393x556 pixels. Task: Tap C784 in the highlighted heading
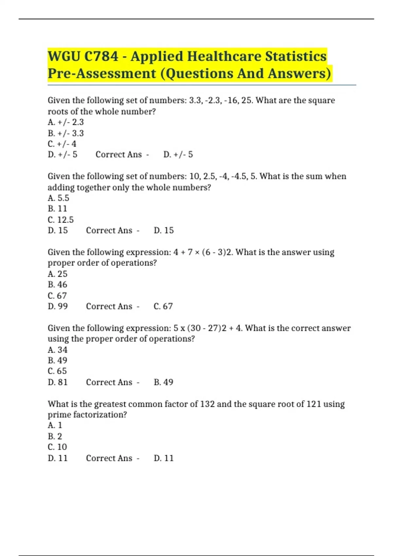click(x=101, y=56)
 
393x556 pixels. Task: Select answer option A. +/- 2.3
click(x=65, y=122)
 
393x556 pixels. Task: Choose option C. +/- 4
click(x=62, y=144)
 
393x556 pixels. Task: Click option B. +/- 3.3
click(x=65, y=133)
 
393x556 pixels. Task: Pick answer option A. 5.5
click(x=58, y=198)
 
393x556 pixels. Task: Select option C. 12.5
click(x=61, y=220)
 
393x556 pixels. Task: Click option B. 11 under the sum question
click(x=57, y=209)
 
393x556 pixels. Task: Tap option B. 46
click(x=57, y=285)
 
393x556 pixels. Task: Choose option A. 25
click(x=57, y=274)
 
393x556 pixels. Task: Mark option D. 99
click(x=58, y=306)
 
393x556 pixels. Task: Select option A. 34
click(x=57, y=350)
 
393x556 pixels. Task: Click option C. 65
click(x=57, y=371)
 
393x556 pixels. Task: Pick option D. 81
click(x=58, y=382)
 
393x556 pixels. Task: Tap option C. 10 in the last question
click(x=57, y=447)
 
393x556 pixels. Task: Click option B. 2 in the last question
click(x=55, y=436)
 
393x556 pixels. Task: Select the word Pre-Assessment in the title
click(x=102, y=73)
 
